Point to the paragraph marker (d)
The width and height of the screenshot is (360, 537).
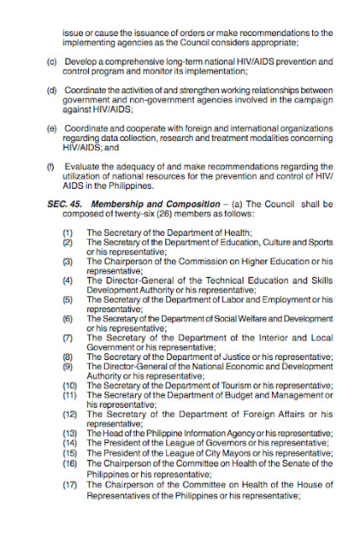pos(52,90)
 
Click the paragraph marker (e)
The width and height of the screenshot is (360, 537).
pos(52,128)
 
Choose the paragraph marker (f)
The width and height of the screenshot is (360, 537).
pos(52,166)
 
